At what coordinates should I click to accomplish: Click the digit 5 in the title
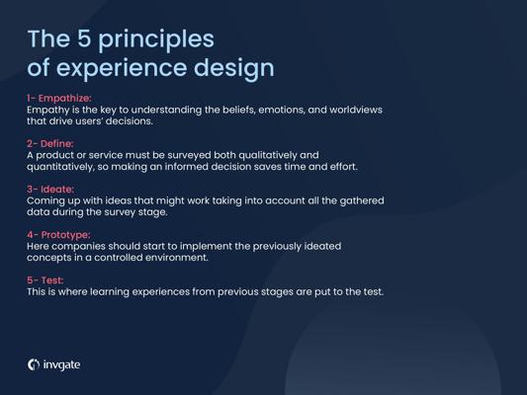84,39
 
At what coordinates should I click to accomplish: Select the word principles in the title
156,40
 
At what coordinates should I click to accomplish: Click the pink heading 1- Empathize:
59,99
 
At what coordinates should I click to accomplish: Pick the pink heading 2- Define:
50,143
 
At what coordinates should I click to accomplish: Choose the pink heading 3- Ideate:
50,190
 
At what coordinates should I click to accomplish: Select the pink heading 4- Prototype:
58,235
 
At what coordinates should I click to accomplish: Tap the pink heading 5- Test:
45,280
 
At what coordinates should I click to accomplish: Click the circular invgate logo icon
34,364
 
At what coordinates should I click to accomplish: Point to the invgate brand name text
62,364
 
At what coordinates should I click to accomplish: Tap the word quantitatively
60,167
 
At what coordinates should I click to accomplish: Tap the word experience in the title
121,69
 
